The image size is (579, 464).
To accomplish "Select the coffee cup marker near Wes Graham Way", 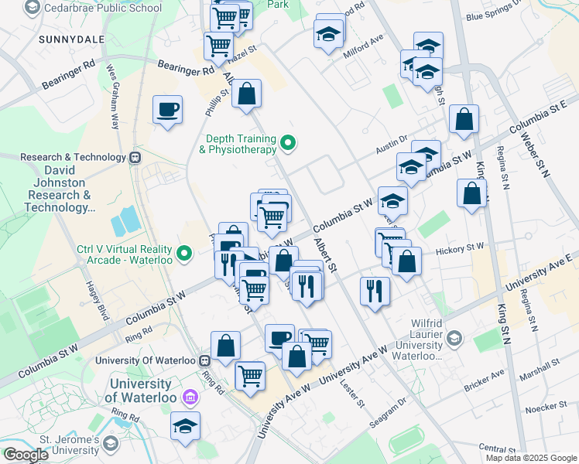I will coord(166,109).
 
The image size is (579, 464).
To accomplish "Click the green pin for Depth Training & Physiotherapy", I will coord(289,142).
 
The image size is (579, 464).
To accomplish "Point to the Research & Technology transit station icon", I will coord(135,157).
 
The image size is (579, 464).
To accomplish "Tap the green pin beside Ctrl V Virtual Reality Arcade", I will coord(184,252).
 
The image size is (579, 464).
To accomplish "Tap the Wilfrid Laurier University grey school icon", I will coord(454,338).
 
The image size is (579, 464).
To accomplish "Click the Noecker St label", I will coord(546,408).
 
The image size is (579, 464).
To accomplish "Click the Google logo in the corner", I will coord(26,455).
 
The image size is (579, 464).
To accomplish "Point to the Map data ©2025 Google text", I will coord(530,458).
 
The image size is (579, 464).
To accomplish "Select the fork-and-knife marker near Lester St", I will coord(375,291).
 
